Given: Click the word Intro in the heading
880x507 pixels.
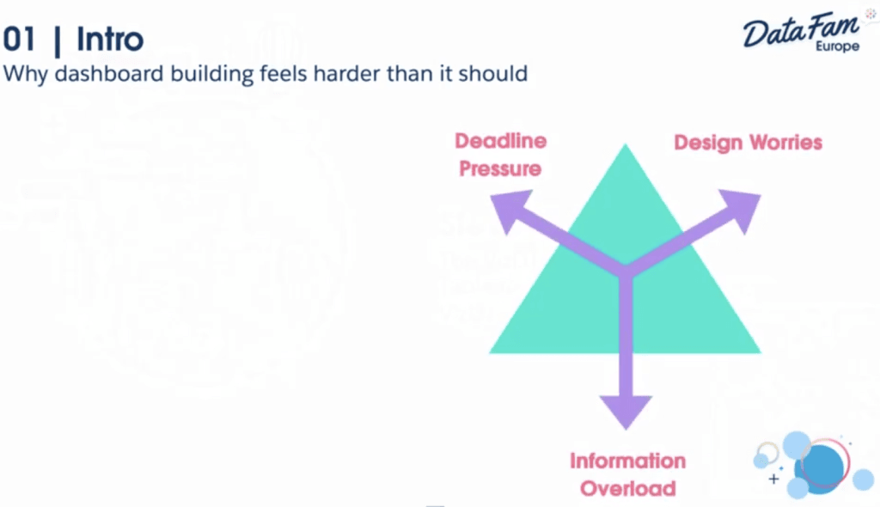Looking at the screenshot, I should (110, 39).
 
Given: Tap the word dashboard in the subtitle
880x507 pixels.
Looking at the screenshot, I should (107, 73).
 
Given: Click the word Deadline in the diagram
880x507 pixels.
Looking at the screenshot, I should (500, 141).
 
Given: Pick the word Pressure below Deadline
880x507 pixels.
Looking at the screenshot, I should (500, 168).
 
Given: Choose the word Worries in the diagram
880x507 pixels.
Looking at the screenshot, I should (784, 143).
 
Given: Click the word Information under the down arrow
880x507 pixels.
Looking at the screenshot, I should (627, 461).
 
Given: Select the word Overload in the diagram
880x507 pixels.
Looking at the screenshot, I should (627, 489).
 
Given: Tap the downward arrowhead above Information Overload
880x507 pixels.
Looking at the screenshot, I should (626, 408).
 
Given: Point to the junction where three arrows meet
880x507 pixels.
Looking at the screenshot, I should (626, 270).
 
